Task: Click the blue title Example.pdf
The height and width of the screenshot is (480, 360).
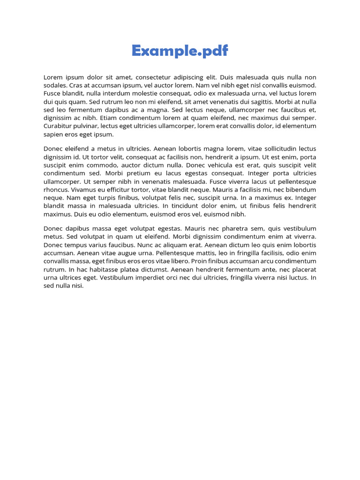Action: [x=180, y=51]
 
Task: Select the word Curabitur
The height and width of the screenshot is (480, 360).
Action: [x=58, y=126]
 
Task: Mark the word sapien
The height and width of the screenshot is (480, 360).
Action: [x=53, y=134]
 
